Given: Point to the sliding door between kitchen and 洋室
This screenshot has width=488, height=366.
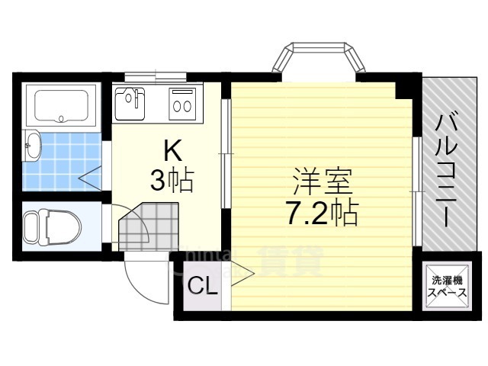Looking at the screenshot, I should click(225, 152).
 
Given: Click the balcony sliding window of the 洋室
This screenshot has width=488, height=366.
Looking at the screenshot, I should click(416, 191).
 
